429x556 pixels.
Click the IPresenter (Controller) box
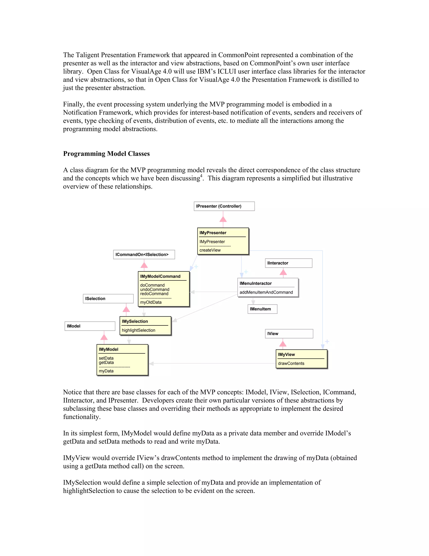point(224,206)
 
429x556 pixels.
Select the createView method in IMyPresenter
point(210,250)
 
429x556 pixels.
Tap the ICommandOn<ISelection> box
point(144,255)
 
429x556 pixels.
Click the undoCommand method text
point(155,290)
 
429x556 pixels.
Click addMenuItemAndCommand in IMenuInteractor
point(266,292)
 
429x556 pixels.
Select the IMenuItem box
point(262,309)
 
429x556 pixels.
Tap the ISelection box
point(108,299)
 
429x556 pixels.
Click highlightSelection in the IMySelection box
point(138,330)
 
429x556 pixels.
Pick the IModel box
point(90,326)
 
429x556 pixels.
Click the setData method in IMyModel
point(106,358)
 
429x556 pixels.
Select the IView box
point(289,334)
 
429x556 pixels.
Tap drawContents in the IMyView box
point(291,364)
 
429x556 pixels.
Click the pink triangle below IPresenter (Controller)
point(223,219)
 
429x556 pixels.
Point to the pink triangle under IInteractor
point(283,273)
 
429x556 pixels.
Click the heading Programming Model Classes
point(106,154)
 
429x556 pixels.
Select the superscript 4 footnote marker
point(201,176)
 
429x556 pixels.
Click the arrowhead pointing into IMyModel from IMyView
point(151,364)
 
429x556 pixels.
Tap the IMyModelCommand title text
point(160,277)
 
